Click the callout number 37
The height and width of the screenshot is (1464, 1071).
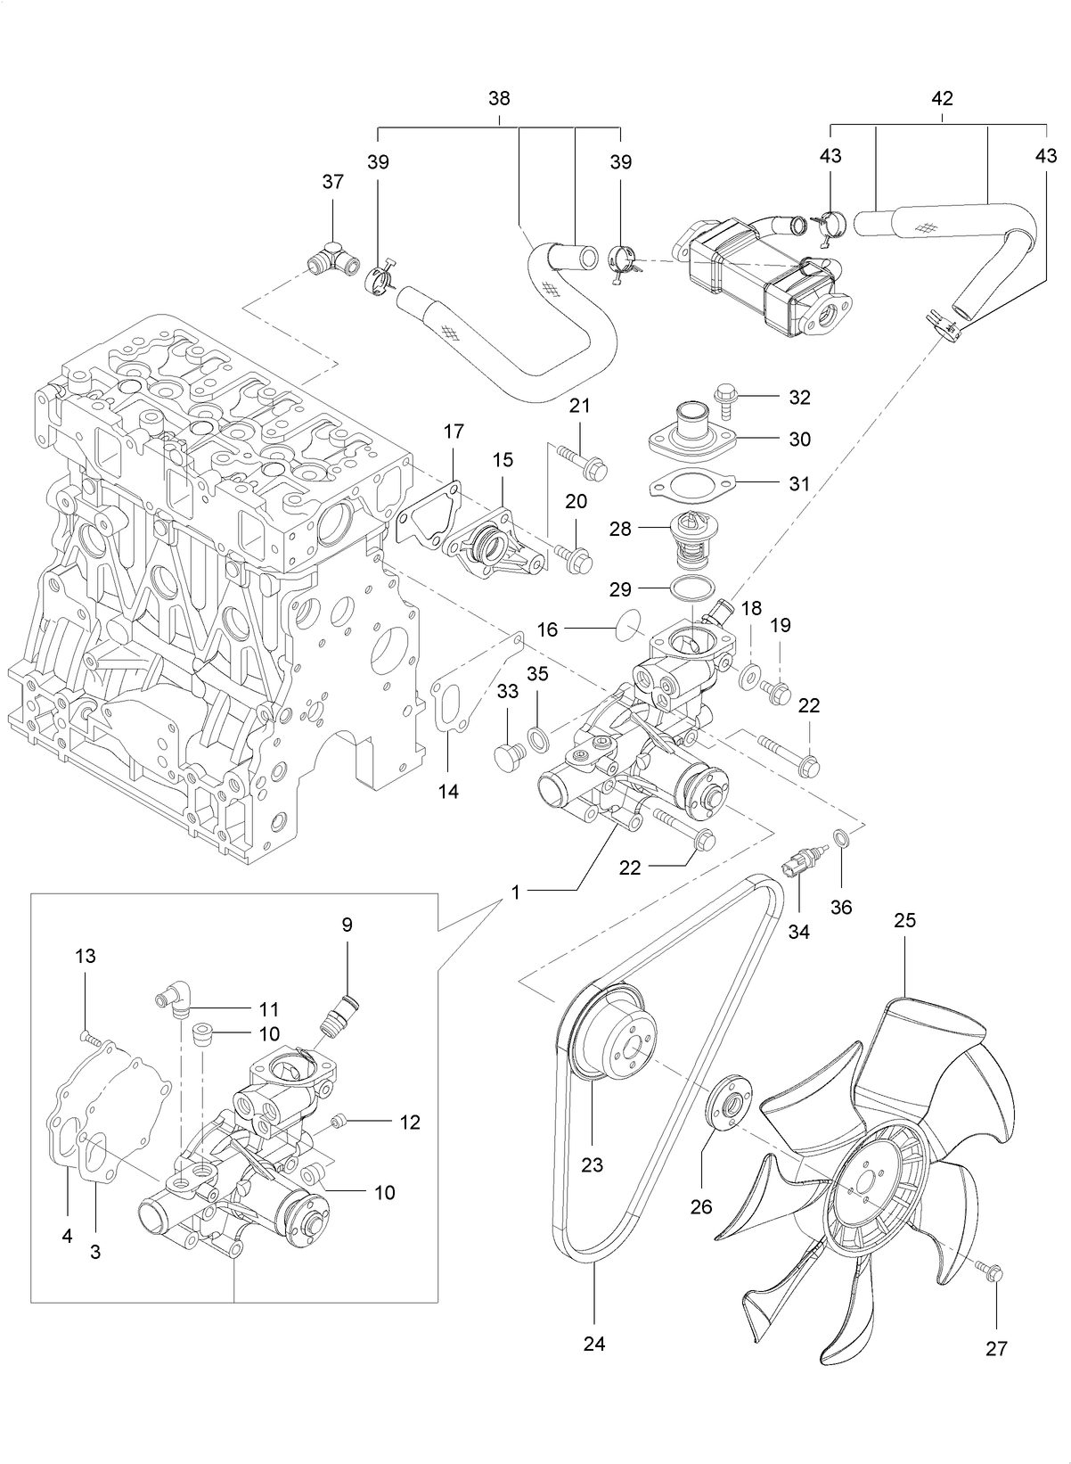point(332,182)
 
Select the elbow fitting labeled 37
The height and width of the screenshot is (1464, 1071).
point(330,259)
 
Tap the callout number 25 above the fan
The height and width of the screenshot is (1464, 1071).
point(904,920)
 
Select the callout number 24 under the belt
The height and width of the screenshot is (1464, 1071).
point(594,1343)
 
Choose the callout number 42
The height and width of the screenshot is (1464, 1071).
point(942,98)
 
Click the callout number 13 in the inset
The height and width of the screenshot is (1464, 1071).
point(85,956)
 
